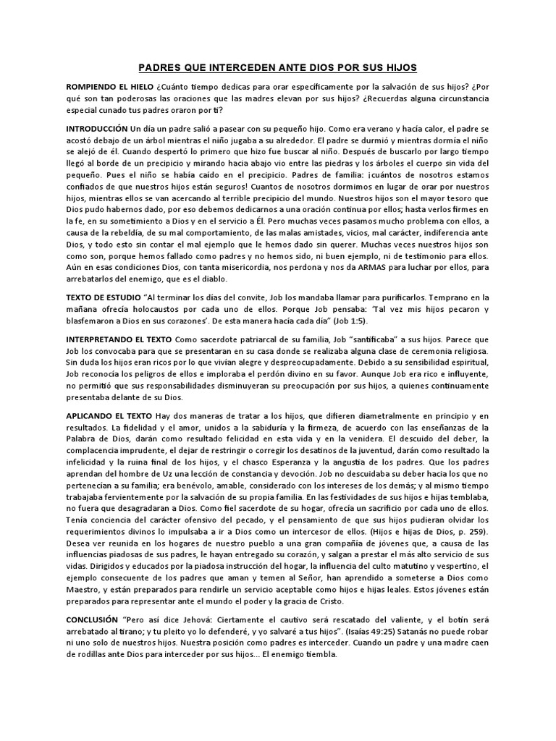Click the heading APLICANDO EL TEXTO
[109, 415]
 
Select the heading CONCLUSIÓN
[92, 620]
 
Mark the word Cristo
[329, 601]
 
